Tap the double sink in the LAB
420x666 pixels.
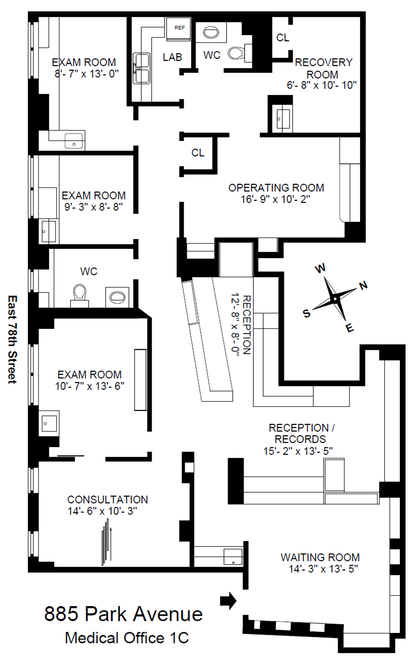pos(141,68)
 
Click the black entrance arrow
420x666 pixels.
pos(228,600)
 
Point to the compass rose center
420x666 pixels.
pos(335,298)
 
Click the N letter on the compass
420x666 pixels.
pos(363,286)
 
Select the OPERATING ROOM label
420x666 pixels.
pos(276,187)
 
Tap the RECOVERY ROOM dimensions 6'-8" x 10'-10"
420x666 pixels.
pos(322,85)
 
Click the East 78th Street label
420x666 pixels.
pos(12,339)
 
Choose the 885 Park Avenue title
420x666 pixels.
pos(123,614)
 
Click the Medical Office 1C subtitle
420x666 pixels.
pos(126,638)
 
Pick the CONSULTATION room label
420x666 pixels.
pos(107,500)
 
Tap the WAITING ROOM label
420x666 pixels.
pos(320,558)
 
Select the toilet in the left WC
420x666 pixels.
pos(79,293)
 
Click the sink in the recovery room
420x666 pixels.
pos(283,119)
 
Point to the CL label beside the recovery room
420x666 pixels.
pos(283,38)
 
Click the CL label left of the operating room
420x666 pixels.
pos(198,153)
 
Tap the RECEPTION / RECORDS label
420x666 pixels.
pos(298,434)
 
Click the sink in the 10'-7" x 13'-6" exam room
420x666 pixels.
pos(49,423)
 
